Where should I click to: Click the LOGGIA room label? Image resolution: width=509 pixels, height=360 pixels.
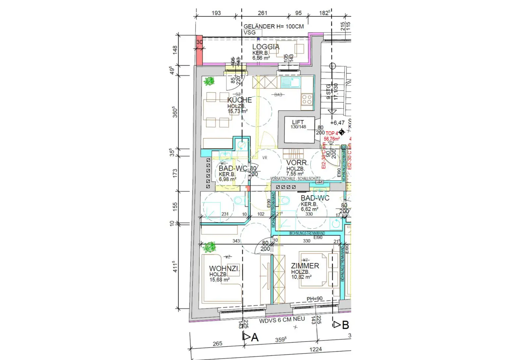pyautogui.click(x=266, y=47)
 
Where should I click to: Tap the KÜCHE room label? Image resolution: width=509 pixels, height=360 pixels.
pyautogui.click(x=239, y=100)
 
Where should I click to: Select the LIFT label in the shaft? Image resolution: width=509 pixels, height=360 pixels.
pyautogui.click(x=298, y=122)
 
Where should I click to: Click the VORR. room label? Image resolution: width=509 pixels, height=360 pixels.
pyautogui.click(x=297, y=163)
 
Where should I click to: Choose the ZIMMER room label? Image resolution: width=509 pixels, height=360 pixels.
pyautogui.click(x=305, y=266)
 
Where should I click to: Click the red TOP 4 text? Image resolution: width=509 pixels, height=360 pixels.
pyautogui.click(x=331, y=133)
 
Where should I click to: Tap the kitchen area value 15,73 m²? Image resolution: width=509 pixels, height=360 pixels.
pyautogui.click(x=237, y=111)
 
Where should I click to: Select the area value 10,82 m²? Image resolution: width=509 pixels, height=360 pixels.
pyautogui.click(x=301, y=277)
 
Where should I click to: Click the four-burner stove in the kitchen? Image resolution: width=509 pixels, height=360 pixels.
pyautogui.click(x=307, y=99)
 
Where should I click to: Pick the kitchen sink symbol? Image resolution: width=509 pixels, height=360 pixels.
pyautogui.click(x=290, y=82)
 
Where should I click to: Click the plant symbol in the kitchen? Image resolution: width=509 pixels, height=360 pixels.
pyautogui.click(x=209, y=81)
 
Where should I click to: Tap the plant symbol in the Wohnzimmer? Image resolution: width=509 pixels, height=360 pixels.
pyautogui.click(x=209, y=247)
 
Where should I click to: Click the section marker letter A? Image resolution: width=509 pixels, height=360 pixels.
pyautogui.click(x=254, y=337)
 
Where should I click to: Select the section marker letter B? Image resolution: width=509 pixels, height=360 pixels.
pyautogui.click(x=345, y=325)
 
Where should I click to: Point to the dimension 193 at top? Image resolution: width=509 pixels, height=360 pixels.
pyautogui.click(x=216, y=13)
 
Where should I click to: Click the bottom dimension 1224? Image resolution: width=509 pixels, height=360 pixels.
pyautogui.click(x=315, y=349)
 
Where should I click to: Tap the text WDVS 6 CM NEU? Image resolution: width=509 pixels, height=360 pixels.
pyautogui.click(x=282, y=320)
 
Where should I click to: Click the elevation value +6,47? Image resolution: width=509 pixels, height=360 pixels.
pyautogui.click(x=338, y=123)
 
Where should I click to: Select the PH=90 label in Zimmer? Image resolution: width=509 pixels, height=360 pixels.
pyautogui.click(x=314, y=299)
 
